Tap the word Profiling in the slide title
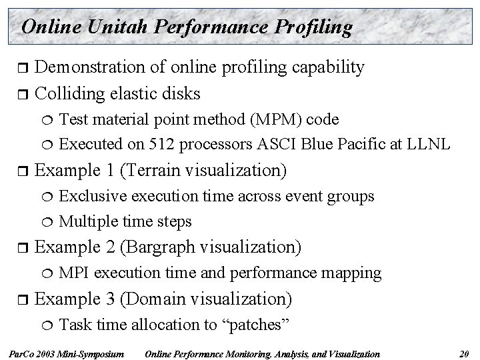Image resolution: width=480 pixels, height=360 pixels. [309, 27]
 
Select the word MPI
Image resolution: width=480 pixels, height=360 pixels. [72, 273]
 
